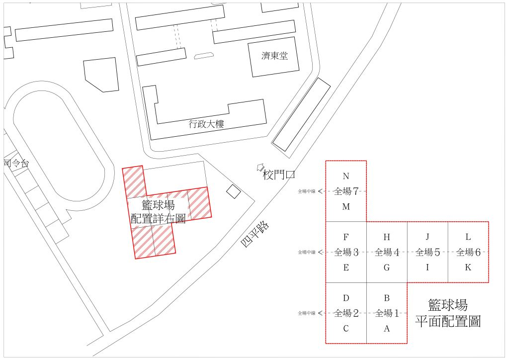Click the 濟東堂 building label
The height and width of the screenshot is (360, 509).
click(x=274, y=56)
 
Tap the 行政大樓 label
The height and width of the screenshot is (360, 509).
click(x=206, y=124)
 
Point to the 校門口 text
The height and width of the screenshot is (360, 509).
click(x=279, y=175)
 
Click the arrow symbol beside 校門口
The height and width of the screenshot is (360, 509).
click(x=260, y=167)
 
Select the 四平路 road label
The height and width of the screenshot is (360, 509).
click(x=255, y=235)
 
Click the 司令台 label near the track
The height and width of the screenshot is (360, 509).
click(x=16, y=163)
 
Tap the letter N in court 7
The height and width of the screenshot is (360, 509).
click(x=346, y=176)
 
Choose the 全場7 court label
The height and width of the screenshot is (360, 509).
click(x=346, y=191)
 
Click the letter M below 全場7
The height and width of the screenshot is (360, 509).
click(x=346, y=206)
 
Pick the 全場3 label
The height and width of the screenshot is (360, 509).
click(x=346, y=252)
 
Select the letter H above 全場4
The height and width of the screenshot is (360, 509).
click(x=387, y=237)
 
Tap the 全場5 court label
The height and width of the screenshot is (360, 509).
click(x=427, y=252)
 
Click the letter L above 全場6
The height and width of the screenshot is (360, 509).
click(x=468, y=237)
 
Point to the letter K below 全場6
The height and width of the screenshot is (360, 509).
click(x=468, y=268)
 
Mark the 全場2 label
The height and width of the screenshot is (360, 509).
click(x=346, y=313)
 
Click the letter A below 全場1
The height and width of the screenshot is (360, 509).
click(x=387, y=329)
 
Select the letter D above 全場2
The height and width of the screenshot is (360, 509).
click(x=346, y=298)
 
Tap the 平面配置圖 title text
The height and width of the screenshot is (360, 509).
click(x=448, y=322)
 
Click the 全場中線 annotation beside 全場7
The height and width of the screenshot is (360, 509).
click(x=307, y=191)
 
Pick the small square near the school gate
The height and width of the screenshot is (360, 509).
click(x=234, y=191)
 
